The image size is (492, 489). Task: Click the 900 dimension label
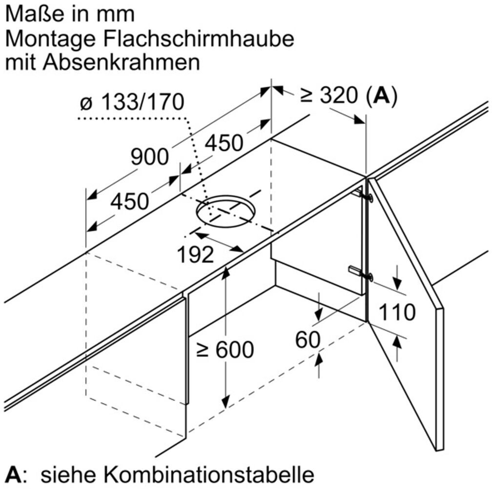point(149,157)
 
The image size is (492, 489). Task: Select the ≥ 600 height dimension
point(225,350)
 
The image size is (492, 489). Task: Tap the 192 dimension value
point(196,254)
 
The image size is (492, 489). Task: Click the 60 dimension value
point(307,340)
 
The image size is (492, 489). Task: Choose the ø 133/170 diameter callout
point(132,103)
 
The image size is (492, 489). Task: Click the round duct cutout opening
point(226,211)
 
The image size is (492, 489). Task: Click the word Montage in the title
point(41,39)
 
